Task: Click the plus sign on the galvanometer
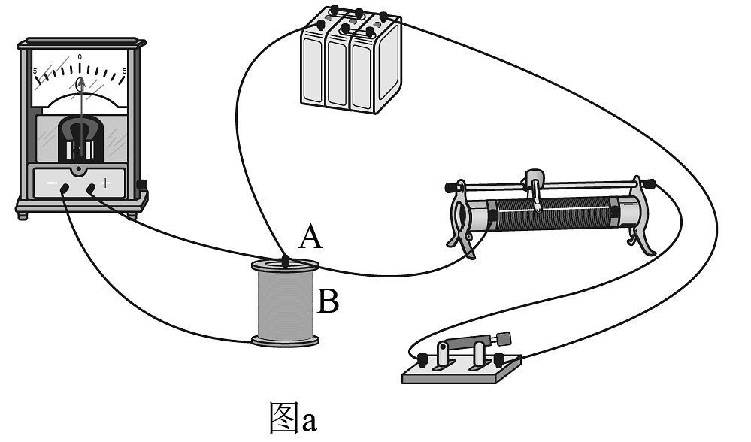[x=104, y=182]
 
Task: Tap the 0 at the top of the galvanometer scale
[x=80, y=57]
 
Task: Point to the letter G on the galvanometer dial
[x=80, y=85]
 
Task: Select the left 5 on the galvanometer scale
[x=35, y=72]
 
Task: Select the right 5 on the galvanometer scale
[x=125, y=72]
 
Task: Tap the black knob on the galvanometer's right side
[x=141, y=184]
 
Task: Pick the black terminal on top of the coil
[x=285, y=262]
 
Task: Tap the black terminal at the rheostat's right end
[x=647, y=183]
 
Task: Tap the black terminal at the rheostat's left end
[x=452, y=186]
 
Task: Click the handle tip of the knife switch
[x=503, y=338]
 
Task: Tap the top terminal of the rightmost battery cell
[x=383, y=16]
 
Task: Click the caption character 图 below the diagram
[x=285, y=418]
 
